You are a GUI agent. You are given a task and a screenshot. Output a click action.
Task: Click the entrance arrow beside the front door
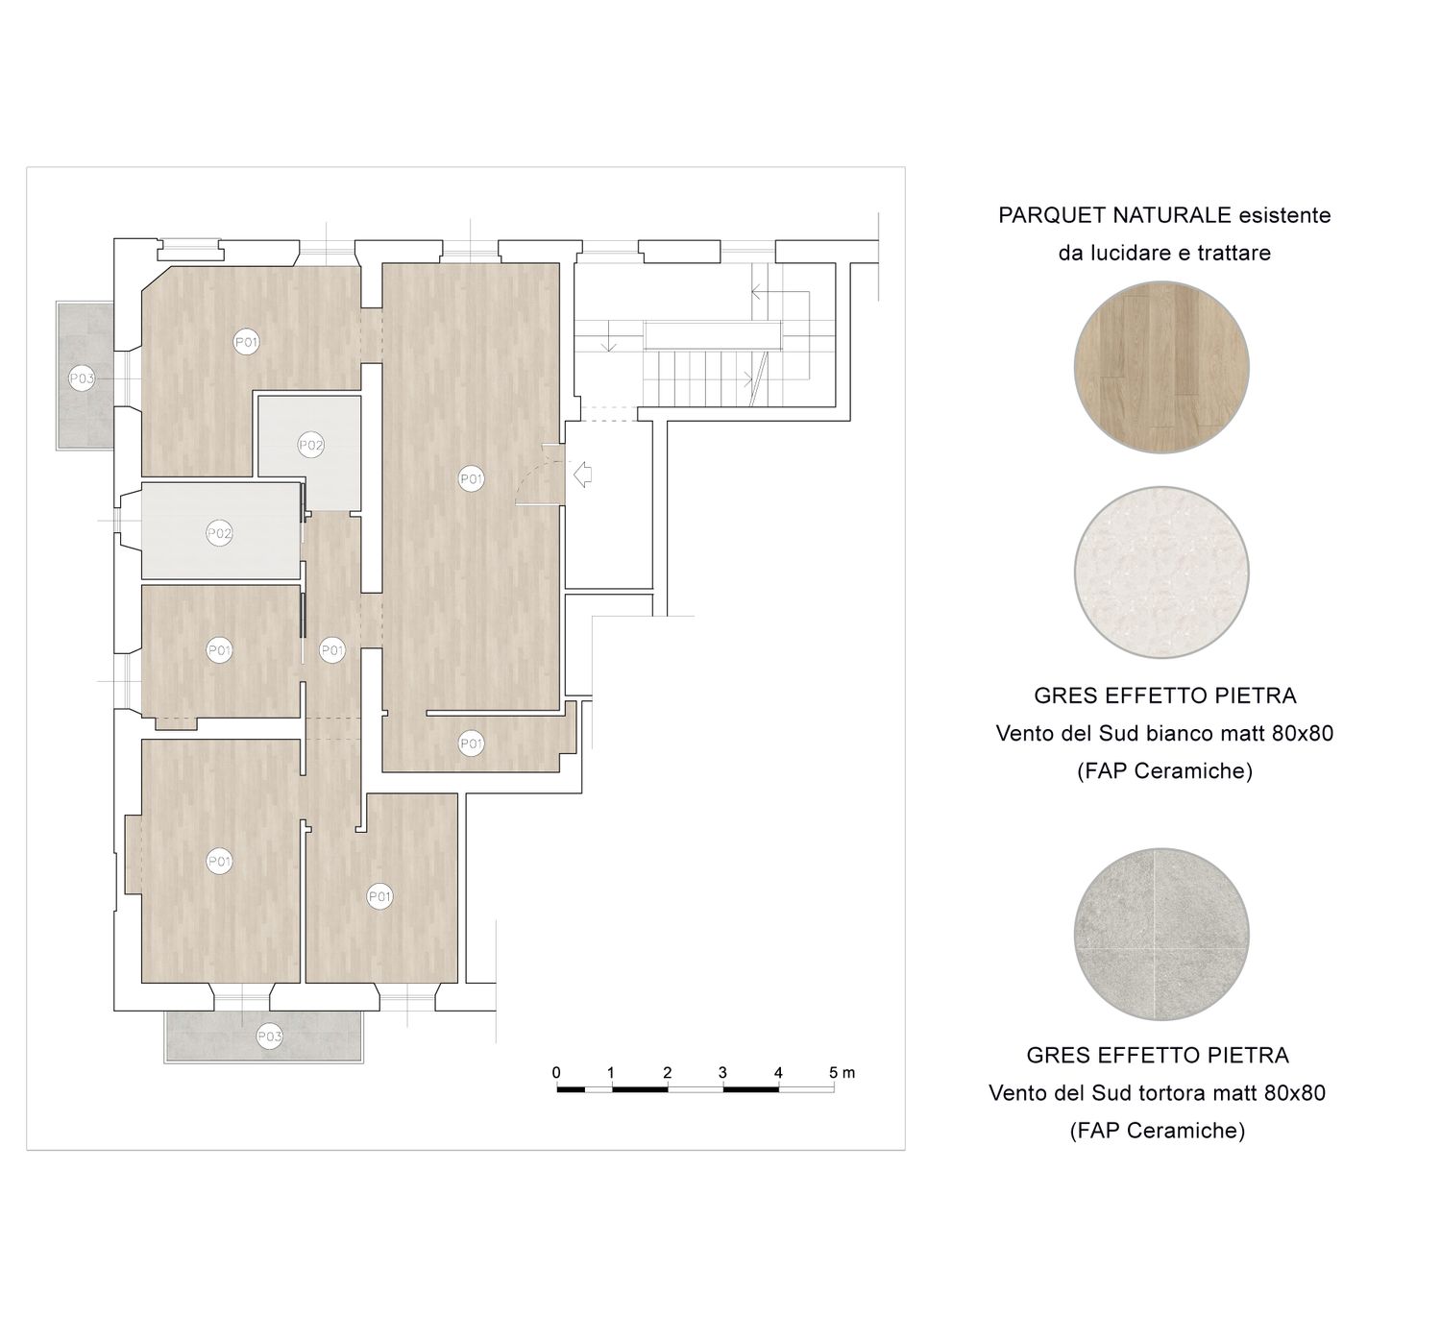click(x=582, y=475)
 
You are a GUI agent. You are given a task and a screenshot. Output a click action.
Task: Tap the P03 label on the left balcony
click(x=82, y=378)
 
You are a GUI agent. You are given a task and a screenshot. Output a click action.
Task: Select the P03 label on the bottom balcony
click(x=269, y=1037)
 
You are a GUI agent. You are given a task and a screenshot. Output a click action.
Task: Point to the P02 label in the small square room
click(x=310, y=445)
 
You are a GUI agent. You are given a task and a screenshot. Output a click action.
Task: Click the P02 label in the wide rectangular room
click(x=219, y=533)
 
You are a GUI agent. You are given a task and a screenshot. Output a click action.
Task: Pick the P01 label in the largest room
click(x=471, y=478)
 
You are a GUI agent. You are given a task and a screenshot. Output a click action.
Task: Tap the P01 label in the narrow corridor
click(x=331, y=650)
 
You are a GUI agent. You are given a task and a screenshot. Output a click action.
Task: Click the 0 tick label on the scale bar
click(x=556, y=1072)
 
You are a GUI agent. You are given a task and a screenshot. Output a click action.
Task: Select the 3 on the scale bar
click(x=722, y=1072)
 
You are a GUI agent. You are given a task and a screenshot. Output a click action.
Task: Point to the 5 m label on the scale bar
click(x=842, y=1072)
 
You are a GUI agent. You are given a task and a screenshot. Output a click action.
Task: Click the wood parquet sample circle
click(x=1161, y=367)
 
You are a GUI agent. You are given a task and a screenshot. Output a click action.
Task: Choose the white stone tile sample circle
click(x=1161, y=572)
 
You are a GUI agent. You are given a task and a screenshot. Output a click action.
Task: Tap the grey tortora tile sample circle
click(x=1161, y=934)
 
